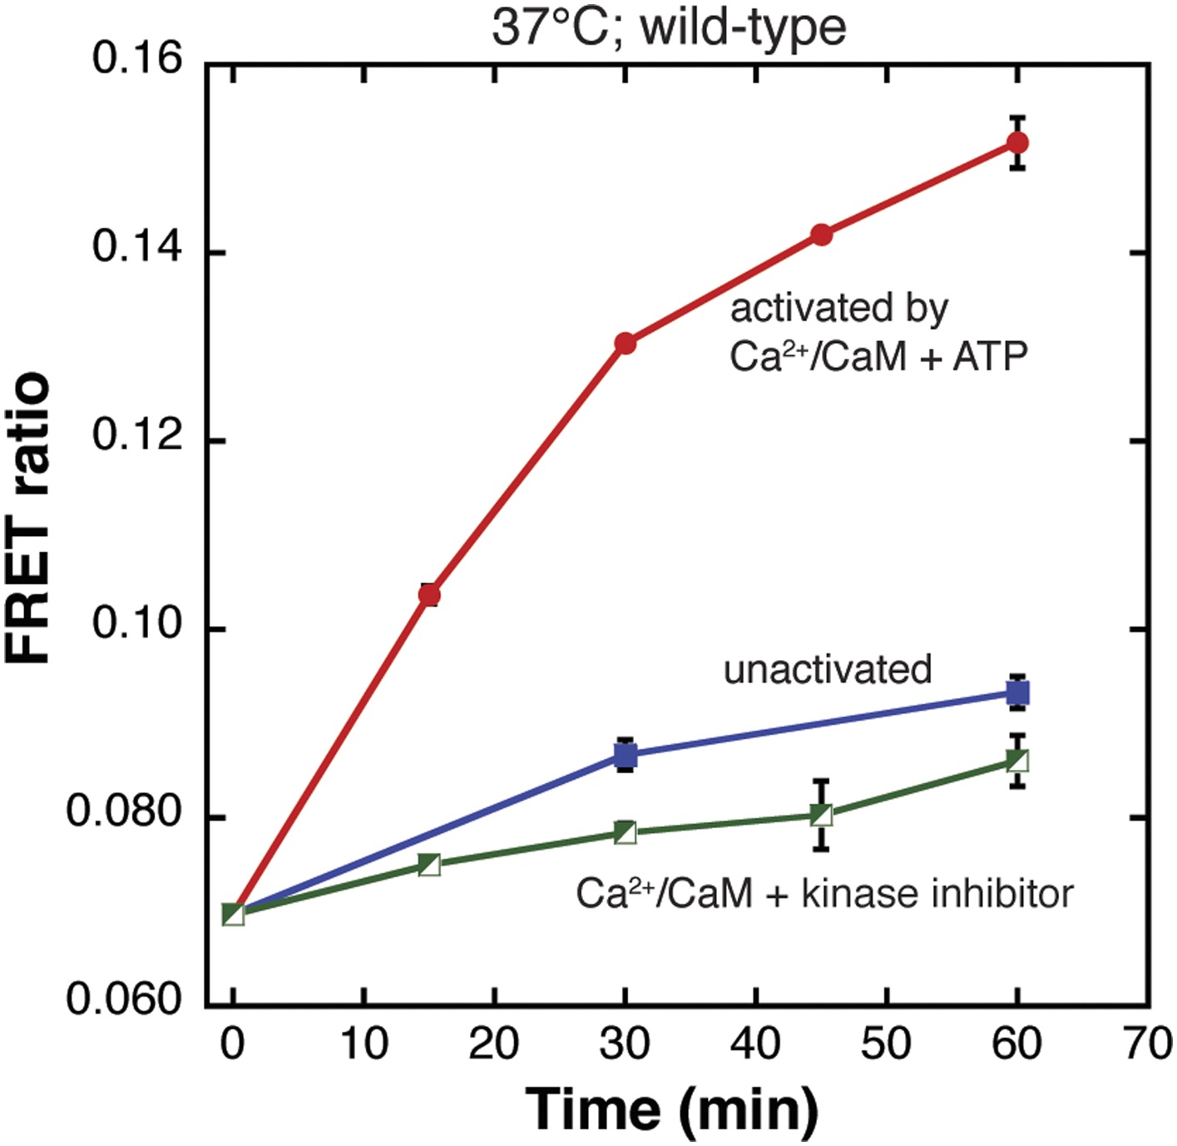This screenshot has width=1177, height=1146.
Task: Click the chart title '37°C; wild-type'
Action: click(669, 27)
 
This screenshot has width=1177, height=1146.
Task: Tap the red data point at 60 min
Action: click(1017, 143)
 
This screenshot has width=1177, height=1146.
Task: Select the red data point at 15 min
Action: click(429, 595)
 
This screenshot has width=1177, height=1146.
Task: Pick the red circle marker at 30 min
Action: click(626, 343)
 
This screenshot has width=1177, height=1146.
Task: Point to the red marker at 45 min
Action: click(822, 235)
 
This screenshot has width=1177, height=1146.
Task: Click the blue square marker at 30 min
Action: click(626, 756)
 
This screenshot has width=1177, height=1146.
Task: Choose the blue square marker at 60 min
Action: click(1017, 692)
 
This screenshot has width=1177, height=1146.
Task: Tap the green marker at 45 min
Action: click(822, 815)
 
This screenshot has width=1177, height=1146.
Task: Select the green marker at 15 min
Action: click(429, 865)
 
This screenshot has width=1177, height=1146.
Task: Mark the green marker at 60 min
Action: click(1017, 760)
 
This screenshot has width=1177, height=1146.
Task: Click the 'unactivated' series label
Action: click(828, 669)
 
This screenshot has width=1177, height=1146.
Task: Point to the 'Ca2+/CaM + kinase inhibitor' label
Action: click(824, 893)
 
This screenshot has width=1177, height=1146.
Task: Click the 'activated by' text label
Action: click(838, 309)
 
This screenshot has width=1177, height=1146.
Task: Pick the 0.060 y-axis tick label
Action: click(124, 999)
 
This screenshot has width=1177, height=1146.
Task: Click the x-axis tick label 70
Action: click(1148, 1043)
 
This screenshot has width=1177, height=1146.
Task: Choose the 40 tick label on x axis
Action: click(755, 1043)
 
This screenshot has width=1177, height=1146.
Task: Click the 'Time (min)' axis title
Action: click(672, 1109)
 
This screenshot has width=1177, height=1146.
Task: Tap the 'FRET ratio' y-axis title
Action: click(28, 518)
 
